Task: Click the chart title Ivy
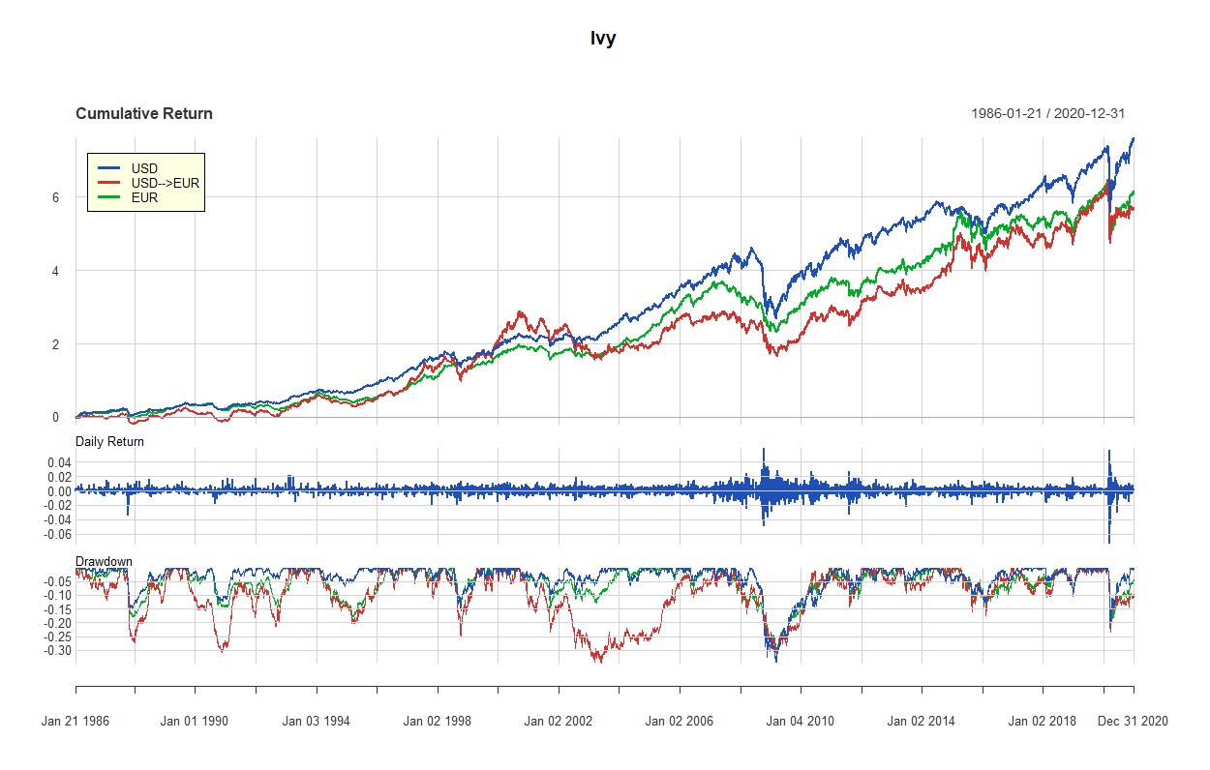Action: pyautogui.click(x=603, y=39)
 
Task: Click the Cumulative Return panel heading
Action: pyautogui.click(x=143, y=114)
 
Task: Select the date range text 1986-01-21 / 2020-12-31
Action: pyautogui.click(x=1047, y=114)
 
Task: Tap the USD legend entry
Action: pyautogui.click(x=144, y=168)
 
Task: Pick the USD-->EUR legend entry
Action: pyautogui.click(x=165, y=183)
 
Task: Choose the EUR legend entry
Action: pyautogui.click(x=144, y=197)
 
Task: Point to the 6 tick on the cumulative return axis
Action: pyautogui.click(x=56, y=197)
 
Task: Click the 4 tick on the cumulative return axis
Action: pyautogui.click(x=56, y=271)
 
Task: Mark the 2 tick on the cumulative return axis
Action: pyautogui.click(x=56, y=344)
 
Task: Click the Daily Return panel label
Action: pyautogui.click(x=109, y=442)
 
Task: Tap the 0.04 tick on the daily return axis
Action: pyautogui.click(x=60, y=463)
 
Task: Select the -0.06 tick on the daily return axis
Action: pyautogui.click(x=58, y=534)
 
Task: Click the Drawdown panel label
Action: pyautogui.click(x=104, y=561)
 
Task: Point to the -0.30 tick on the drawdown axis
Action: pyautogui.click(x=58, y=651)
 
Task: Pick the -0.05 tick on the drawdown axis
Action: pyautogui.click(x=58, y=580)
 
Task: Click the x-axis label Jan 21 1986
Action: pyautogui.click(x=76, y=721)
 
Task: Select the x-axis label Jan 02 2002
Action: pyautogui.click(x=558, y=721)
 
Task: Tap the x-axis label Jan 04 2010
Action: pyautogui.click(x=800, y=721)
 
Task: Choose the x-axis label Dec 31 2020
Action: pyautogui.click(x=1133, y=721)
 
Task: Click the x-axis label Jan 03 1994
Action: pyautogui.click(x=317, y=721)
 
